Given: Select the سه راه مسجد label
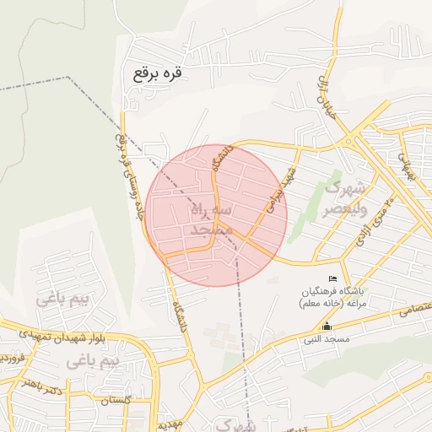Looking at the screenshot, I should point(206,219).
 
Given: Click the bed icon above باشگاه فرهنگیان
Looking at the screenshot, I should point(333,279).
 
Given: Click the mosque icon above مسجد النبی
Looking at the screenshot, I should point(327,327).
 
